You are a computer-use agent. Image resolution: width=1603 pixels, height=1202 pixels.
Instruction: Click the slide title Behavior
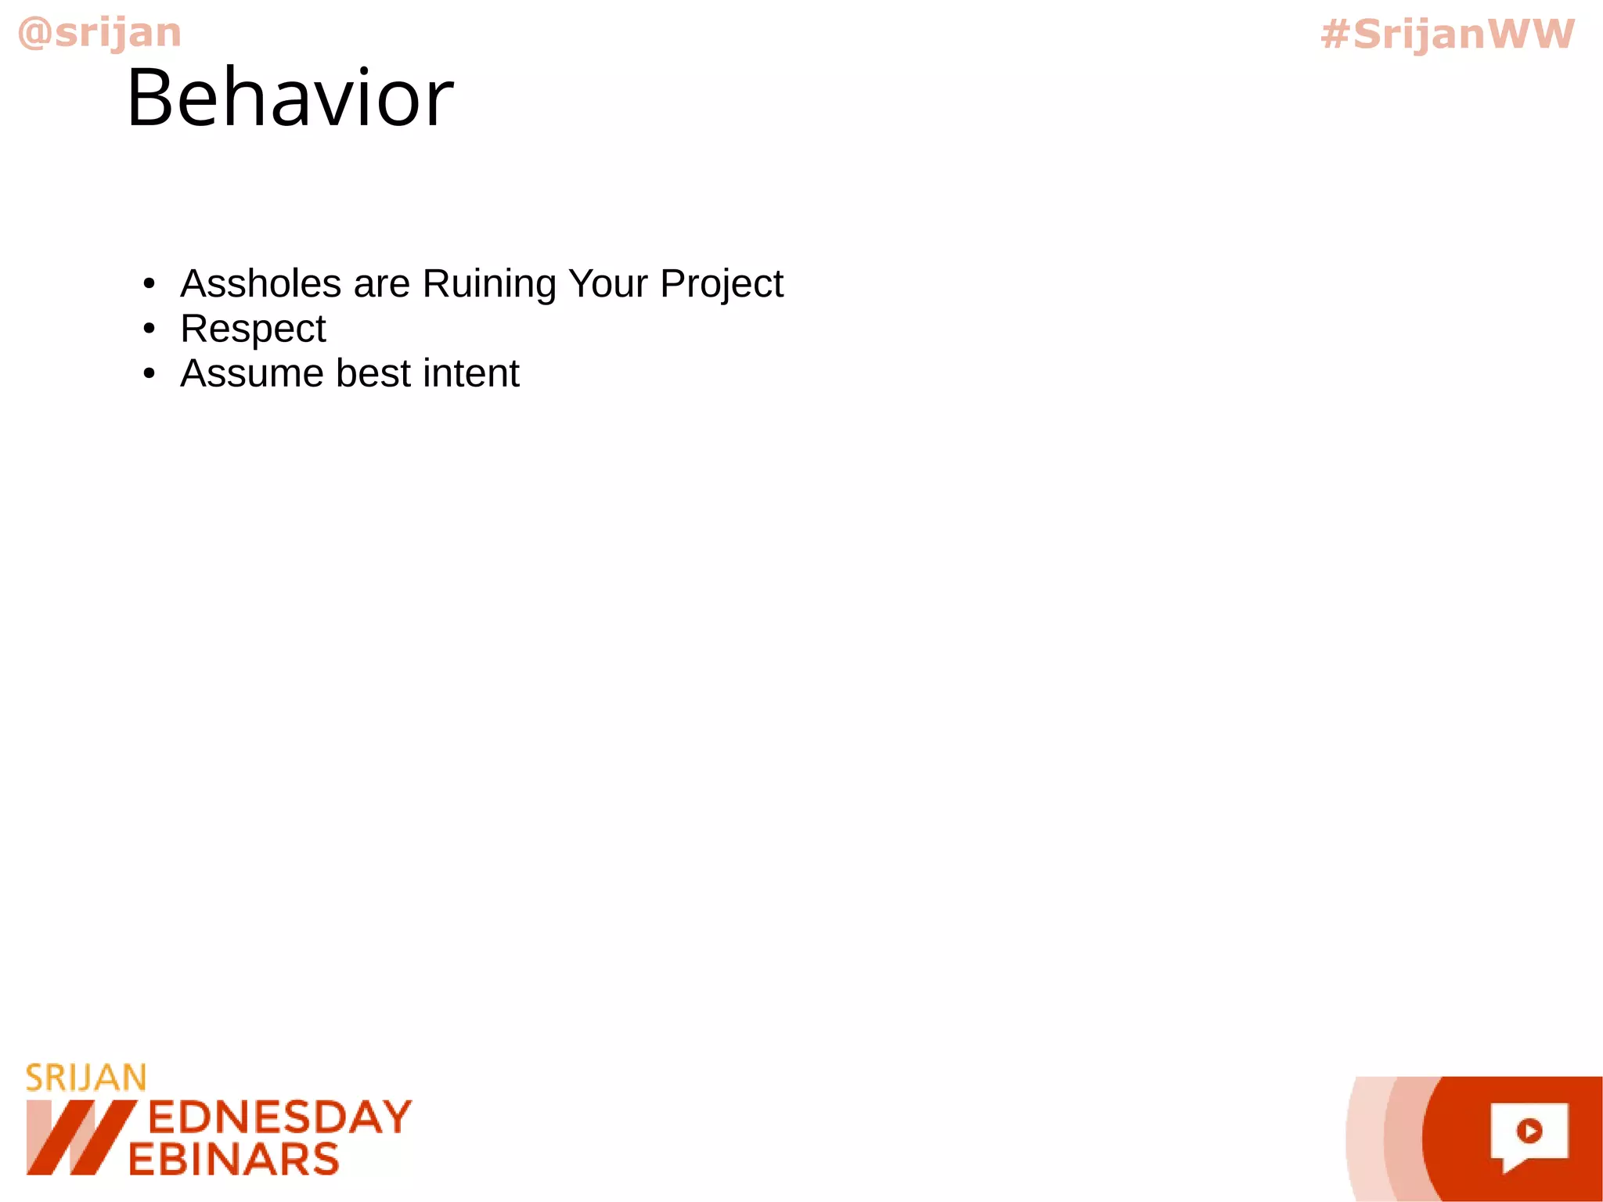tap(290, 98)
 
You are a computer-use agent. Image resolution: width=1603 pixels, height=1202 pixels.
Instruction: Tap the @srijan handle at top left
tap(99, 33)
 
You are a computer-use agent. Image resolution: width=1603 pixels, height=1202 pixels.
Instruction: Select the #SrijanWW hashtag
tap(1447, 34)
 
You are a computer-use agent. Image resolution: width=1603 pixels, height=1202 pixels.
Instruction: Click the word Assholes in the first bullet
tap(261, 283)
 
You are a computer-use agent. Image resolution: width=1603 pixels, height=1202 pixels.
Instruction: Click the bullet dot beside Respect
tap(149, 329)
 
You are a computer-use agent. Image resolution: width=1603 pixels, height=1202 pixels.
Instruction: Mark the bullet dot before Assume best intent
tap(149, 374)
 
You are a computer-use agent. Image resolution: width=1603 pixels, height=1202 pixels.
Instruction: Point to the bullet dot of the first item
tap(149, 283)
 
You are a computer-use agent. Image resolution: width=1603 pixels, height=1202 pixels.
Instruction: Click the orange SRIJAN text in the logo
tap(86, 1078)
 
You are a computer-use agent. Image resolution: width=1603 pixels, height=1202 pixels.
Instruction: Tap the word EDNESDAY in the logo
tap(279, 1117)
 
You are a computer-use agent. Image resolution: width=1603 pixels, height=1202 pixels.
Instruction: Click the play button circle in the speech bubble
tap(1529, 1131)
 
